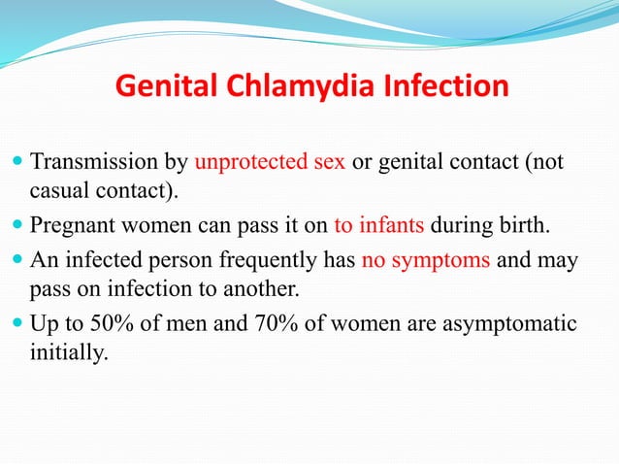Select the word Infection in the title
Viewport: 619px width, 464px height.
pyautogui.click(x=445, y=86)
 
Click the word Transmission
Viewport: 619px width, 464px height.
pyautogui.click(x=111, y=160)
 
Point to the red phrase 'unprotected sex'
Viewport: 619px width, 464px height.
pyautogui.click(x=271, y=160)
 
